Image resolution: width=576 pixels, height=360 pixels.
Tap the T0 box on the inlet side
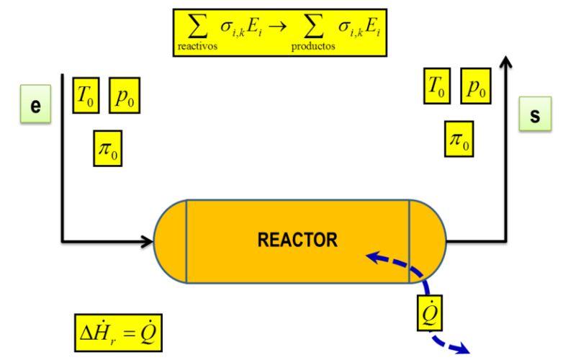coord(86,96)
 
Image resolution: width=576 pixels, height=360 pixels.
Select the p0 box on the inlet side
coord(124,96)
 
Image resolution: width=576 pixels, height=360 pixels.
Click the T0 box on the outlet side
coord(436,86)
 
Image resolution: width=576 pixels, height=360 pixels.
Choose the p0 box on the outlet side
coord(474,86)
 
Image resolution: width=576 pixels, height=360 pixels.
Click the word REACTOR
coord(297,240)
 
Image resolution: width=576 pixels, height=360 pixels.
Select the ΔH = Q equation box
coord(122,333)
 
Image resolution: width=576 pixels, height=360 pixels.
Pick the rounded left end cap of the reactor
coord(171,240)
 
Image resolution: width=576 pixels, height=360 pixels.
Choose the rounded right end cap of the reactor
coord(427,240)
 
